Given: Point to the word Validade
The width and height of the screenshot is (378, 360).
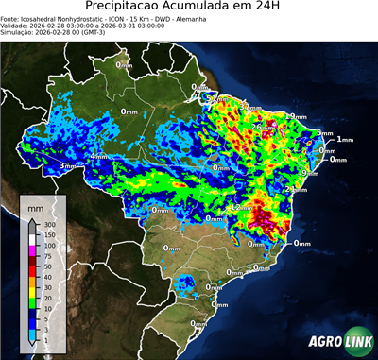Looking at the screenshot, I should (16, 26).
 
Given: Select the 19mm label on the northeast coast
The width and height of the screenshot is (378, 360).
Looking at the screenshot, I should (298, 116).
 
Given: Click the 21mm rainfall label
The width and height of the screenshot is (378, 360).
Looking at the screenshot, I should (294, 189).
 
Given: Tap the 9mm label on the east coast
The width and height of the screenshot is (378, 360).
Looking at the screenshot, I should (308, 174).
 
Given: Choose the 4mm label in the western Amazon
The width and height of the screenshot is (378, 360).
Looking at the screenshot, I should (98, 155).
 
